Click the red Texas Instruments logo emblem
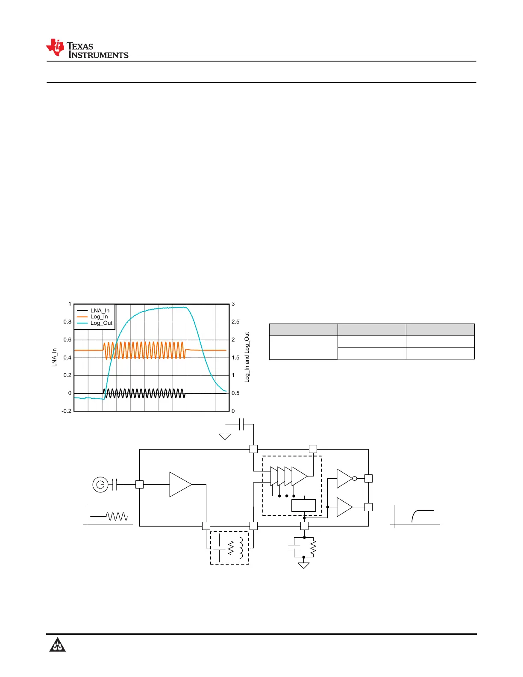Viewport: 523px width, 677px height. tap(55, 47)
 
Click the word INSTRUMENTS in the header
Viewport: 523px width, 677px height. tap(98, 55)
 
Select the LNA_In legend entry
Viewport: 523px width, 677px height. tap(93, 310)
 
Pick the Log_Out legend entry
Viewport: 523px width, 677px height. tap(94, 323)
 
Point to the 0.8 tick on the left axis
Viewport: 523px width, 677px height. tap(67, 321)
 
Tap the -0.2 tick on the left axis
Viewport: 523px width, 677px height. tap(66, 411)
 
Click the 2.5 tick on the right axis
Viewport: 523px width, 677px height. tap(235, 321)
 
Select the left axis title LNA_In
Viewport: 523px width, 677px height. tap(55, 357)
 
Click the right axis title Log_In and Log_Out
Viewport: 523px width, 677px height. tap(247, 357)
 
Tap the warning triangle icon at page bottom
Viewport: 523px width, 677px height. tap(57, 644)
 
